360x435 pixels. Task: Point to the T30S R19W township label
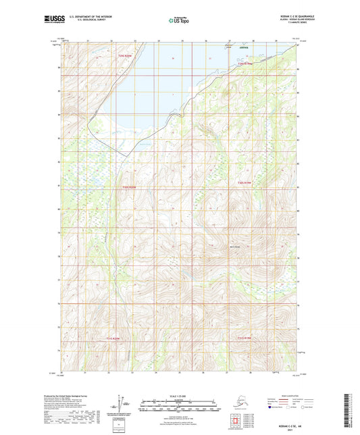tap(244, 182)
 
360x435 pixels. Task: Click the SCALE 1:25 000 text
tap(179, 396)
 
